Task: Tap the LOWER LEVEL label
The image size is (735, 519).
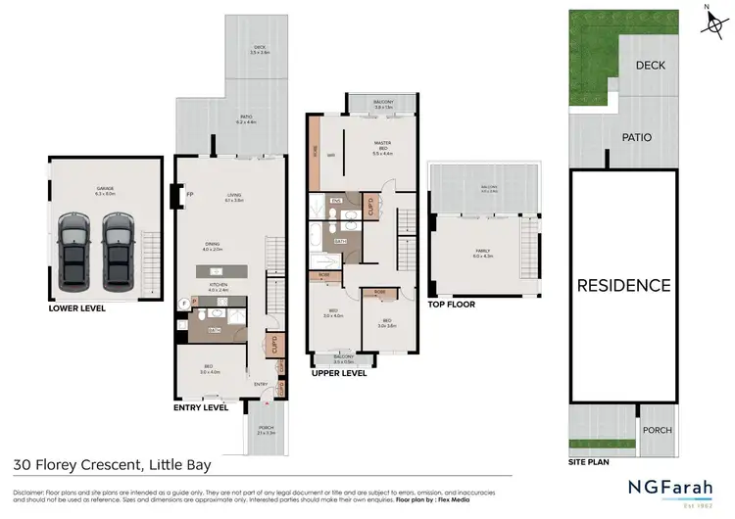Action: click(x=76, y=307)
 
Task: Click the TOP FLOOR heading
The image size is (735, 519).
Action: click(x=451, y=305)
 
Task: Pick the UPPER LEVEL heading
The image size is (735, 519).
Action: click(x=339, y=373)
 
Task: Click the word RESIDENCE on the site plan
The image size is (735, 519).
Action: click(x=623, y=286)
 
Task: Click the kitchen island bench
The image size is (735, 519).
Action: click(x=225, y=269)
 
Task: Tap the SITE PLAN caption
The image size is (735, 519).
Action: click(x=589, y=458)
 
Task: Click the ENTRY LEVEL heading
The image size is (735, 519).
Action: click(x=200, y=406)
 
